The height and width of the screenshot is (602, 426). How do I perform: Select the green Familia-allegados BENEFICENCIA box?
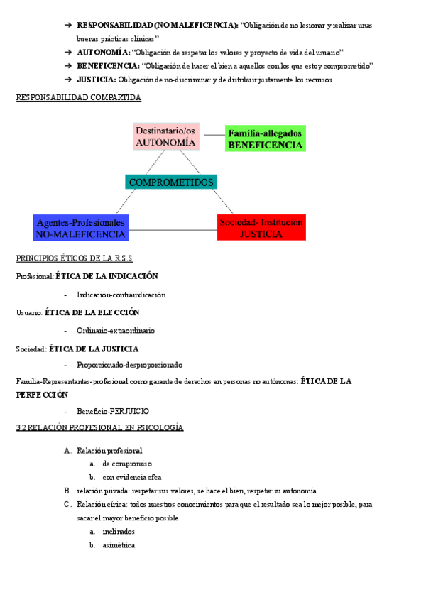coord(266,138)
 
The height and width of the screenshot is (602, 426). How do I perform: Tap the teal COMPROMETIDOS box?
coord(171,182)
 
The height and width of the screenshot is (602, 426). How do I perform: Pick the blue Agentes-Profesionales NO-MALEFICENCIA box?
coord(81,227)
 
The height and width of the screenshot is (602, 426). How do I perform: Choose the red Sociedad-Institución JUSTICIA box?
coord(261,227)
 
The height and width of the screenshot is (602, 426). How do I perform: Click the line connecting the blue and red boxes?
coord(173,230)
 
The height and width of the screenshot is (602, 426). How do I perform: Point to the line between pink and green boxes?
coord(212,134)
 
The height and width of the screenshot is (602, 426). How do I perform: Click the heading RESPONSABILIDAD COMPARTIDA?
coord(78,97)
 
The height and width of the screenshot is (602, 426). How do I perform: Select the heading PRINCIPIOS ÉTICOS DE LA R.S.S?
coord(75,258)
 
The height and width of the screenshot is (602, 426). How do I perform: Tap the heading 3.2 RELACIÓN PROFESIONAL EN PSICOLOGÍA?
coord(99,428)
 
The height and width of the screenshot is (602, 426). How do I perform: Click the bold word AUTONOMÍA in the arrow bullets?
coord(103,53)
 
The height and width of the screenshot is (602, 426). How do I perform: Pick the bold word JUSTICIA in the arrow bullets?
coord(97,80)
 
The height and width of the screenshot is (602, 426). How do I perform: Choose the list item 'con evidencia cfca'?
coord(132,477)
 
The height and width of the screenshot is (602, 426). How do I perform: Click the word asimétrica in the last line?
coord(119,545)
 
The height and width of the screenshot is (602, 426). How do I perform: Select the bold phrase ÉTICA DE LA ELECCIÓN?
coord(92,312)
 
